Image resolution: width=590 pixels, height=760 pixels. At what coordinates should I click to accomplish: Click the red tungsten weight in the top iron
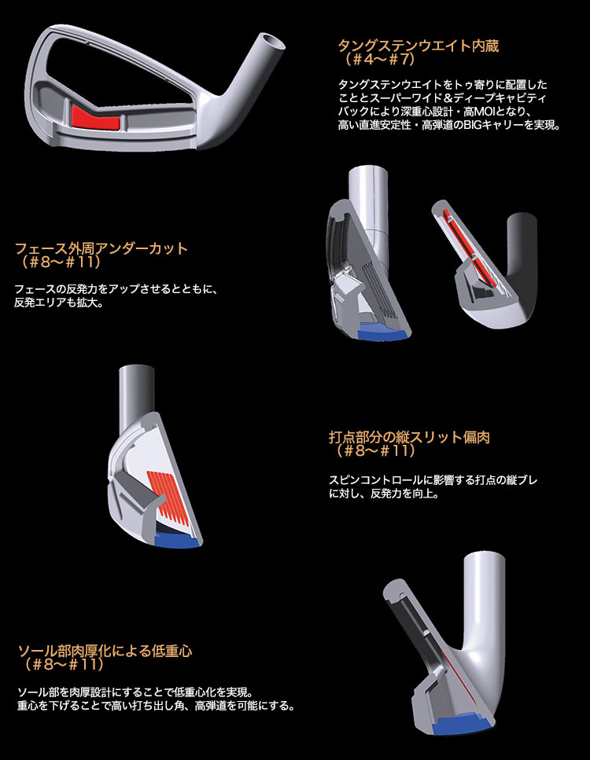click(96, 118)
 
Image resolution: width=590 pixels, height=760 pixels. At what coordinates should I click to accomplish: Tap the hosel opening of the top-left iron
click(271, 42)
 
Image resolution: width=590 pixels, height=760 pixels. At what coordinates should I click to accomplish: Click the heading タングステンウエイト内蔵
click(419, 46)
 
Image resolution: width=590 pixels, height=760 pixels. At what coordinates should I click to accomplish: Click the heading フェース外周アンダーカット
click(101, 248)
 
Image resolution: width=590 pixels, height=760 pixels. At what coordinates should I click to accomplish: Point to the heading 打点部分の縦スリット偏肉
click(410, 437)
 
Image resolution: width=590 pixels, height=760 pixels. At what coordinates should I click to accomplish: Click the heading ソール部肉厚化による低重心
click(105, 651)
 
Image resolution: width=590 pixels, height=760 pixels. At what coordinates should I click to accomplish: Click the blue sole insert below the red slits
click(178, 539)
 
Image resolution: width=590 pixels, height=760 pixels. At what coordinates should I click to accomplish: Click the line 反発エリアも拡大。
click(59, 303)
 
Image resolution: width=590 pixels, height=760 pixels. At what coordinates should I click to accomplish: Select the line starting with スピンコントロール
click(433, 480)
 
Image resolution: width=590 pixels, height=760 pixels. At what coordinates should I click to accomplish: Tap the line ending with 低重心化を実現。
click(135, 692)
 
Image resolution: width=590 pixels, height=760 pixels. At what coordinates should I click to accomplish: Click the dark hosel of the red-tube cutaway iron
click(523, 252)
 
